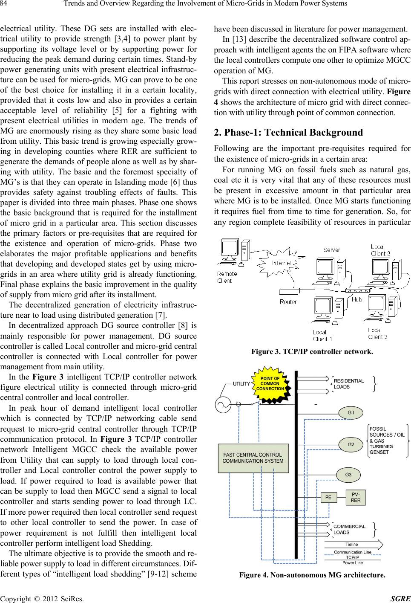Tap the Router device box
pyautogui.click(x=290, y=291)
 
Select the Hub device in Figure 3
pyautogui.click(x=358, y=290)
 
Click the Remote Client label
pyautogui.click(x=227, y=277)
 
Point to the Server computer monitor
pyautogui.click(x=325, y=267)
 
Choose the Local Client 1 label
pyautogui.click(x=322, y=336)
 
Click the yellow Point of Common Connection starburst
pyautogui.click(x=270, y=384)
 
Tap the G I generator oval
pyautogui.click(x=351, y=413)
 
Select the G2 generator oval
pyautogui.click(x=351, y=444)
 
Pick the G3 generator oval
pyautogui.click(x=348, y=475)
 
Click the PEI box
pyautogui.click(x=329, y=497)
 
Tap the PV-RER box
pyautogui.click(x=355, y=497)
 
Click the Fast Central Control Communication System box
pyautogui.click(x=253, y=458)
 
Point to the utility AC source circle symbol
pyautogui.click(x=223, y=405)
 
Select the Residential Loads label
pyautogui.click(x=349, y=384)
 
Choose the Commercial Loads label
pyautogui.click(x=349, y=530)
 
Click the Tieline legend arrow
pyautogui.click(x=354, y=545)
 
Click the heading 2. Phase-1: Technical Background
pyautogui.click(x=288, y=133)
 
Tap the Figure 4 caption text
pyautogui.click(x=312, y=575)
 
